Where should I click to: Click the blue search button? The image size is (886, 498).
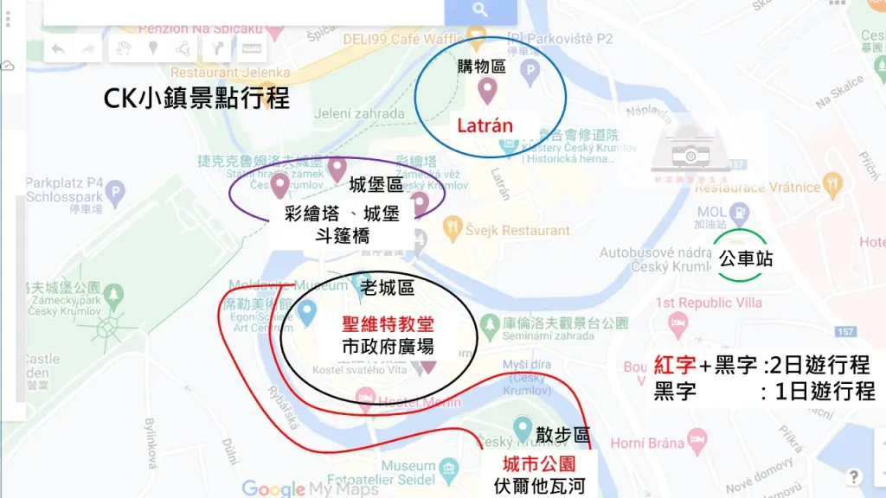480,11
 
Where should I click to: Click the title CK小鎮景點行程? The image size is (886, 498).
196,98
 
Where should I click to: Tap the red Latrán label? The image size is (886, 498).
485,126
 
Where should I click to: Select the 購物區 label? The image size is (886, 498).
481,66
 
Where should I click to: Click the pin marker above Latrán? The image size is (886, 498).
487,89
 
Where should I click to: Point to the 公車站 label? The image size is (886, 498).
745,259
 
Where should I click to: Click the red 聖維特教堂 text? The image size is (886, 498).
388,325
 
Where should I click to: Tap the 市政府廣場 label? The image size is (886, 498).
388,348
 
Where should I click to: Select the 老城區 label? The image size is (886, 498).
388,287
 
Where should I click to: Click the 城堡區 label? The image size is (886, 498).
376,185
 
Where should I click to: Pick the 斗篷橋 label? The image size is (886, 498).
345,235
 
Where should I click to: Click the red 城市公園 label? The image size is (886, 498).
539,465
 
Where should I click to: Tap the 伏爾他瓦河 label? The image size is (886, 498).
539,487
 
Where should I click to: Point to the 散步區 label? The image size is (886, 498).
562,435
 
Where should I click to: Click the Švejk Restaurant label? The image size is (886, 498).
517,231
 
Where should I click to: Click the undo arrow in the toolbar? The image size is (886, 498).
58,48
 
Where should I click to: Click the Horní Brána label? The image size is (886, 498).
646,444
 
